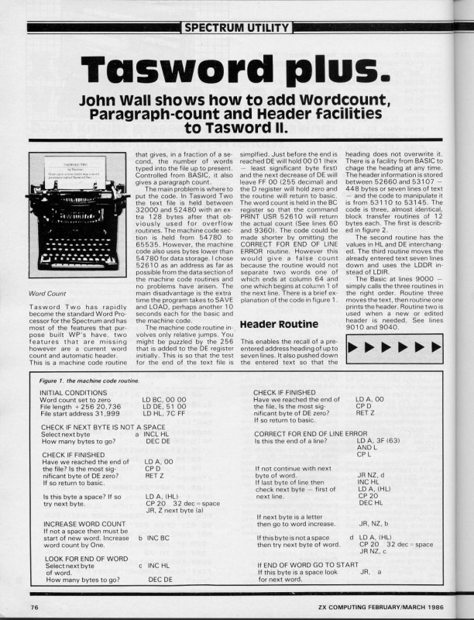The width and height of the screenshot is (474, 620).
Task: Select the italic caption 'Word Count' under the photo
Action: [x=47, y=294]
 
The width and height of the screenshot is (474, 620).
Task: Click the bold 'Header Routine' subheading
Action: [x=276, y=323]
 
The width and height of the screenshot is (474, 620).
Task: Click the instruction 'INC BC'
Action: [x=157, y=537]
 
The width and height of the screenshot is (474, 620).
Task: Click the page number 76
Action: [x=35, y=606]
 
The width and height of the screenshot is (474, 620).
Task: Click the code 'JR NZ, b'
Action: [x=375, y=524]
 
